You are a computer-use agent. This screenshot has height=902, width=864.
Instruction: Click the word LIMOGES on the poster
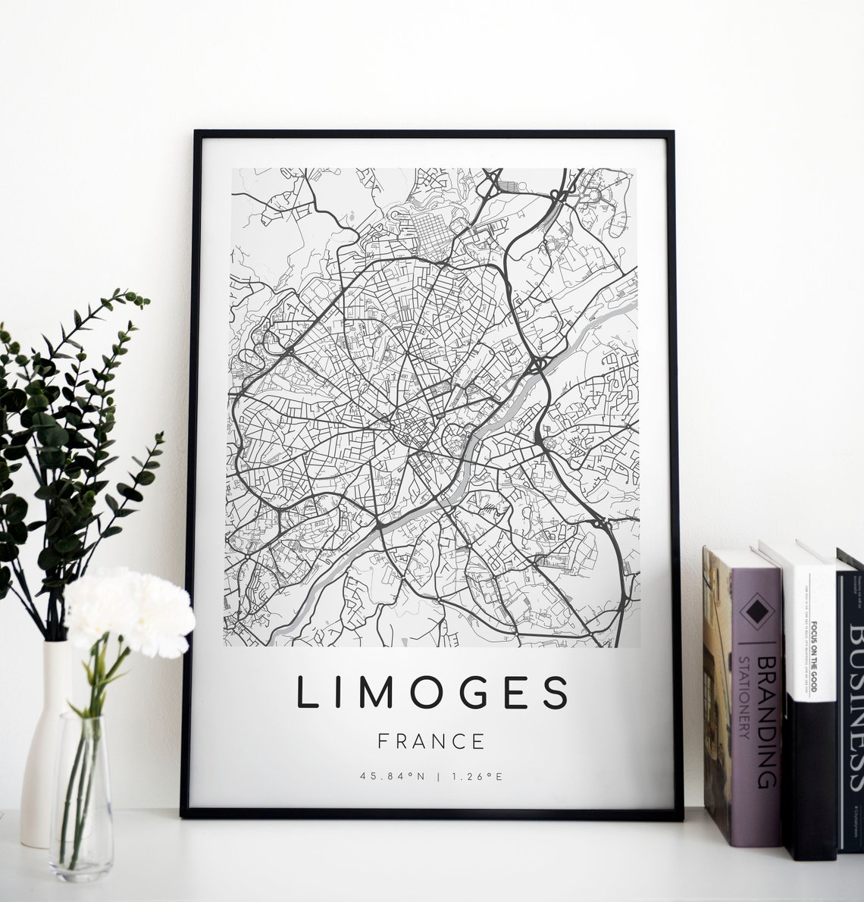[x=432, y=693]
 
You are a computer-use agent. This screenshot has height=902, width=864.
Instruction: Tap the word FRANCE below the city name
[x=432, y=740]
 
